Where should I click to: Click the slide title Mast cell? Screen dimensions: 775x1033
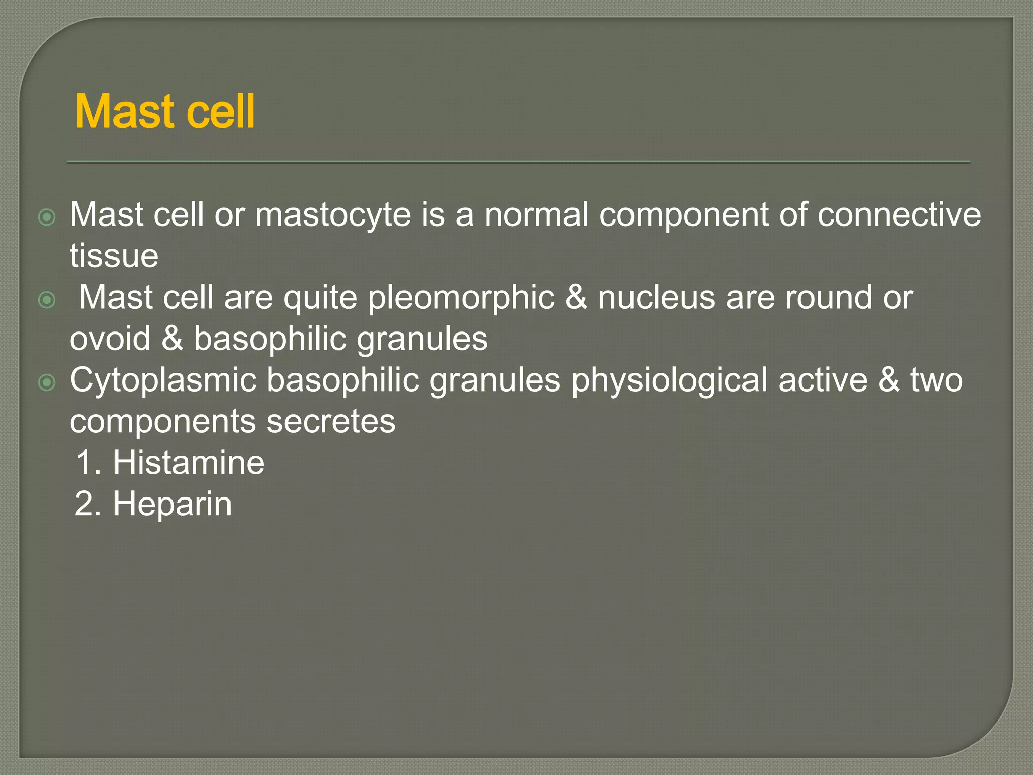click(164, 112)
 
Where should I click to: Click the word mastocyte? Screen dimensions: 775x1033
click(333, 215)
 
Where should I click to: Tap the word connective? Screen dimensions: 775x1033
click(899, 215)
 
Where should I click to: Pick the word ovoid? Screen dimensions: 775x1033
click(110, 339)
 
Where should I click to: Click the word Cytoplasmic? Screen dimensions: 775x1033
click(163, 380)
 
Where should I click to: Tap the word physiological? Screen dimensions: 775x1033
click(669, 380)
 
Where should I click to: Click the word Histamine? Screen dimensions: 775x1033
click(188, 463)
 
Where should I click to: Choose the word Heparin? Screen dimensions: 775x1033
click(172, 504)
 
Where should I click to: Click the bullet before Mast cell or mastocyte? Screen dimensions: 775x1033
click(47, 217)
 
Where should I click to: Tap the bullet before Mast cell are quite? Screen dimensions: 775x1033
click(47, 300)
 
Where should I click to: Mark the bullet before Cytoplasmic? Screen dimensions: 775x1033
click(47, 383)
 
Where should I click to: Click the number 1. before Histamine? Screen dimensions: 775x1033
click(89, 463)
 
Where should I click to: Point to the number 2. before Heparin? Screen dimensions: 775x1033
click(88, 504)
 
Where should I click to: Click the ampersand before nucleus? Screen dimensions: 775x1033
click(576, 298)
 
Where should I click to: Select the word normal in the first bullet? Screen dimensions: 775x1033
click(536, 215)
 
